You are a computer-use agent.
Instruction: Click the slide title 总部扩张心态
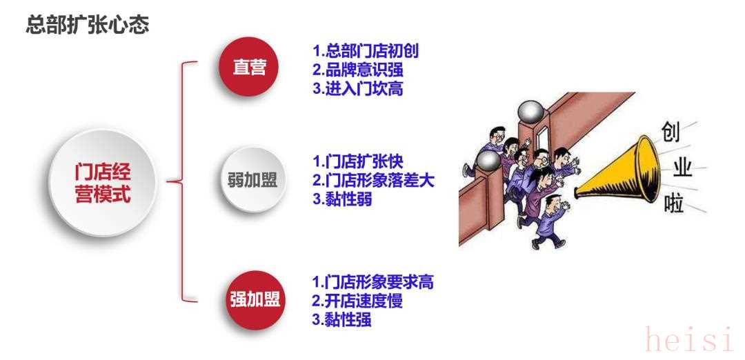point(87,26)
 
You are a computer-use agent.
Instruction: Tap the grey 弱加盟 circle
point(252,181)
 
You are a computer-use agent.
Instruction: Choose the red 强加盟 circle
point(255,299)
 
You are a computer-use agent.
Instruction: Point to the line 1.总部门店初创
point(366,52)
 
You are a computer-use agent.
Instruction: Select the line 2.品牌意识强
point(357,70)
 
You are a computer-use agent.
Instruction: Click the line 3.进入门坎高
point(357,88)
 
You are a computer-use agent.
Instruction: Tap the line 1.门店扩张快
point(357,163)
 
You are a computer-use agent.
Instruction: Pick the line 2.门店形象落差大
point(373,180)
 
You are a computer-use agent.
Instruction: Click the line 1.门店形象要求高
point(373,282)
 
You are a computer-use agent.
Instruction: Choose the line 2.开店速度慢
point(357,301)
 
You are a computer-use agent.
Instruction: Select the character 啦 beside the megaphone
point(674,204)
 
